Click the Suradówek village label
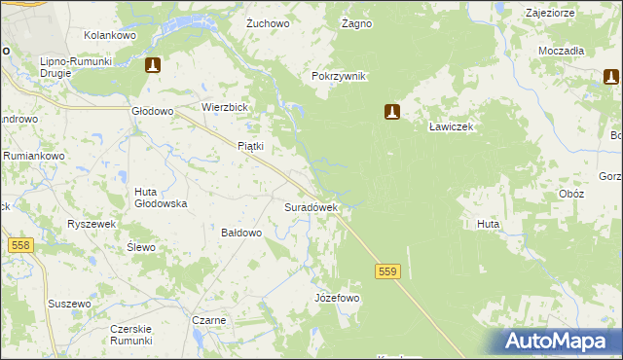pos(311,207)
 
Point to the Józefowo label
pos(337,298)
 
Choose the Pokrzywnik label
pos(338,77)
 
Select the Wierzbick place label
pos(226,107)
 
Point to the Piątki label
pos(251,146)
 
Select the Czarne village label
pos(209,320)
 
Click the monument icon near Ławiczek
pos(392,112)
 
